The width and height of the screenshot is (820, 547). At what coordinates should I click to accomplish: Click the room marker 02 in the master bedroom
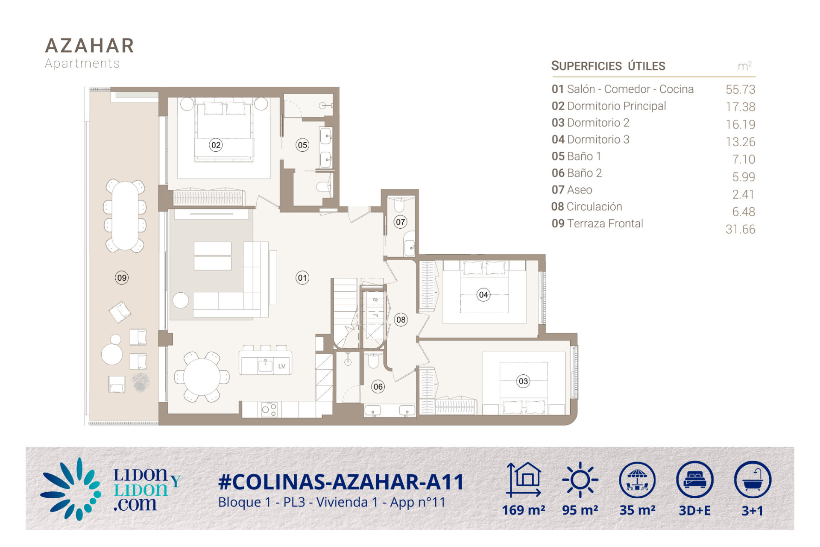[x=216, y=145]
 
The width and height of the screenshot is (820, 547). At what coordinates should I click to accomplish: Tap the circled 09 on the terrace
[x=122, y=278]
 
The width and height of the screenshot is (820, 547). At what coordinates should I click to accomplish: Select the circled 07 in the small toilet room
[x=400, y=222]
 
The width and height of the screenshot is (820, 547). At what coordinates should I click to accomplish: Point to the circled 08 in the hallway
[x=401, y=320]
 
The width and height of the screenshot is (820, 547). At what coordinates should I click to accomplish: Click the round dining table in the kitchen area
[x=202, y=377]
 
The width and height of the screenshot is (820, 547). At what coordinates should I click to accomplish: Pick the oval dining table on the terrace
[x=125, y=215]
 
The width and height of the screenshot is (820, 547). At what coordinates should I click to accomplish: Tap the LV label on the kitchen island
[x=281, y=366]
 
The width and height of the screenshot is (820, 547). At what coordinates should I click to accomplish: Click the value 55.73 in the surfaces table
[x=740, y=89]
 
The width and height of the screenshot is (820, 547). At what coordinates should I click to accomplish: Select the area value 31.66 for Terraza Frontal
[x=740, y=229]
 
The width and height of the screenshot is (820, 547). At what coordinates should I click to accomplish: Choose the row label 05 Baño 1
[x=576, y=156]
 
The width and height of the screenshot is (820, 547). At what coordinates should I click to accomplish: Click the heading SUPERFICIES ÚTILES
[x=608, y=66]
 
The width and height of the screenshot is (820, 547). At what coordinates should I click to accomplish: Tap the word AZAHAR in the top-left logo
[x=90, y=46]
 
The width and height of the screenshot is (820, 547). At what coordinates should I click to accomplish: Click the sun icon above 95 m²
[x=580, y=479]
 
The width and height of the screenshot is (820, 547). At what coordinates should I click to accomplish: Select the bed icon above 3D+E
[x=695, y=479]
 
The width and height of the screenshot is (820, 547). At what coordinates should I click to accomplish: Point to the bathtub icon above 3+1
[x=753, y=479]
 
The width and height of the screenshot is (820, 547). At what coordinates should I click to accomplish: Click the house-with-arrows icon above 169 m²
[x=524, y=479]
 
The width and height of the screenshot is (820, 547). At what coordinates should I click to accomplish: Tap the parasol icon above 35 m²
[x=637, y=479]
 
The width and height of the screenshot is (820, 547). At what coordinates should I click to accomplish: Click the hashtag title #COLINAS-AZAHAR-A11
[x=341, y=482]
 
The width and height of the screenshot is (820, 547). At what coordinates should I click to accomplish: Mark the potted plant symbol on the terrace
[x=141, y=382]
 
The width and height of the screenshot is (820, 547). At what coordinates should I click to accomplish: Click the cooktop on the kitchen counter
[x=269, y=409]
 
